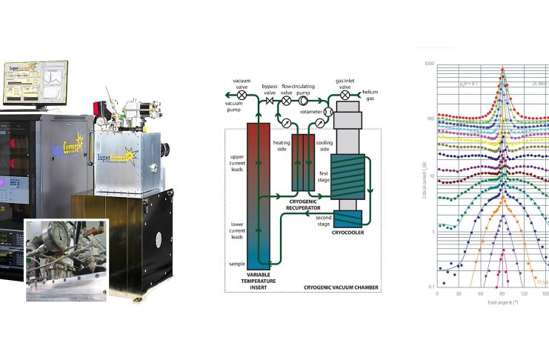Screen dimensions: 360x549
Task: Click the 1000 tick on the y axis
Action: click(x=428, y=64)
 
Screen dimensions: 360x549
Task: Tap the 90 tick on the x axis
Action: click(x=503, y=293)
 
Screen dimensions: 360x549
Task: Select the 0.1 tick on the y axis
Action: click(x=430, y=286)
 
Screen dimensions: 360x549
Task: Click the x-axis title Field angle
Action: click(x=502, y=304)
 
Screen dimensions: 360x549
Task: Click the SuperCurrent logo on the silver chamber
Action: click(x=113, y=158)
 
